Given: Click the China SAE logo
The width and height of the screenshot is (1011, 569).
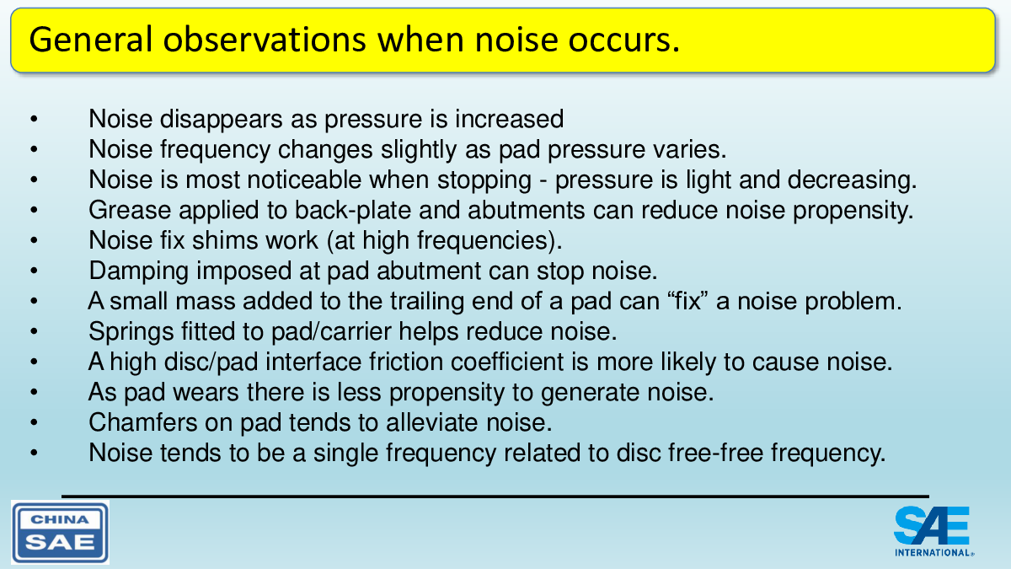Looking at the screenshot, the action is point(60,532).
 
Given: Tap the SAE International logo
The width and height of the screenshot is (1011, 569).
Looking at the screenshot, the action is point(933,531).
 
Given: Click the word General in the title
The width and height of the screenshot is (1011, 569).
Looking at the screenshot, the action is point(91,40).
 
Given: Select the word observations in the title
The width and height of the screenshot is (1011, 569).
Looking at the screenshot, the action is point(265,40).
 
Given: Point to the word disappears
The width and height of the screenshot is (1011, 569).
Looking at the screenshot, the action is point(222,119).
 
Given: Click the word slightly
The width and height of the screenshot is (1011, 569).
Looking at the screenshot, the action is point(419,150).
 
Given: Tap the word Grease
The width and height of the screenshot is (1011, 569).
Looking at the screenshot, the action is point(130,210).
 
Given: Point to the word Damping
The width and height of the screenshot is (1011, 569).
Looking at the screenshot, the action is point(138,271).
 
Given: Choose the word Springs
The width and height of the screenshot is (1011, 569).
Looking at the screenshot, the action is point(131,332).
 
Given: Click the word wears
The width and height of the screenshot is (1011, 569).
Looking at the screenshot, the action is point(206,392).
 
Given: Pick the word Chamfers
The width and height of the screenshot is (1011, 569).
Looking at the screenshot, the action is point(143,422).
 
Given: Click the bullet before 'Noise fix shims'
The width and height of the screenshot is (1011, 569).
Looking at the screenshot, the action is point(34,240).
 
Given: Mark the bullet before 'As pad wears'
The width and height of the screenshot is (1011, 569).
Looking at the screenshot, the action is point(34,392).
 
